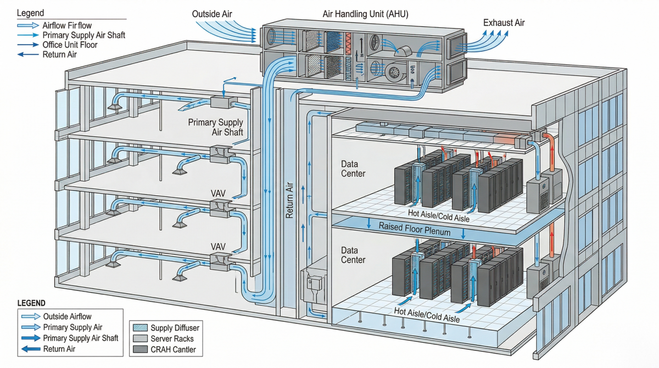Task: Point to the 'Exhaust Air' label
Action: click(504, 23)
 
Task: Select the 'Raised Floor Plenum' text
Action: click(415, 232)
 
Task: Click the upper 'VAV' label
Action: click(219, 194)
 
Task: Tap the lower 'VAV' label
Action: click(219, 247)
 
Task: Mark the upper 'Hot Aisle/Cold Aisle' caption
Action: click(439, 213)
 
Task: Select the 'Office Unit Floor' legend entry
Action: click(70, 45)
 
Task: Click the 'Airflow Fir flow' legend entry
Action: click(68, 25)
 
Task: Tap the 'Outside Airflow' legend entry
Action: click(67, 316)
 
